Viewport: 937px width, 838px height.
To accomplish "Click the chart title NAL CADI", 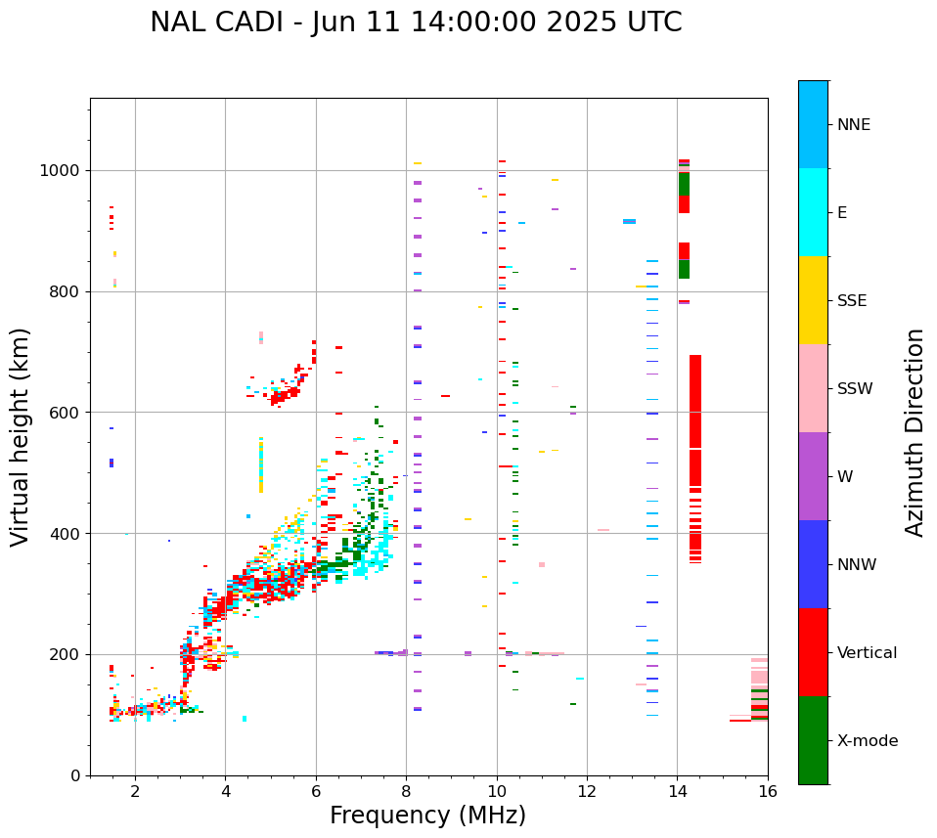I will (x=416, y=22).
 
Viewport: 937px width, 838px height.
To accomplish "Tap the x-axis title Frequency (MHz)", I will (x=427, y=816).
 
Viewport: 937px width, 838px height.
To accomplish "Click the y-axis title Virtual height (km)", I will (x=21, y=436).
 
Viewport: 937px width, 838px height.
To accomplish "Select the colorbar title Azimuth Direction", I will (x=915, y=432).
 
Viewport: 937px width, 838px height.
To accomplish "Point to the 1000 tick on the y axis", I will (x=64, y=171).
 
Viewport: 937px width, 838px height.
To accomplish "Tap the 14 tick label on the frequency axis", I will (x=677, y=791).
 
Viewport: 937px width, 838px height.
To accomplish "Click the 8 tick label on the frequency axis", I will (x=406, y=791).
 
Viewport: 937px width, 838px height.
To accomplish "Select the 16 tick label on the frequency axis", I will (x=768, y=791).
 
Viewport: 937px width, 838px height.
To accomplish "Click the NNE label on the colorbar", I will (x=854, y=125).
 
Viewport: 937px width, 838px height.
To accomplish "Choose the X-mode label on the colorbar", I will (x=868, y=741).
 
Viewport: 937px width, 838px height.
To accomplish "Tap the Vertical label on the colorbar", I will (x=868, y=653).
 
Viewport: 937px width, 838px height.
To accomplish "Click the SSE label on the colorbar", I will (x=852, y=301).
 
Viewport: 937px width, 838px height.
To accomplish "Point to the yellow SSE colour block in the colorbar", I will (x=813, y=300).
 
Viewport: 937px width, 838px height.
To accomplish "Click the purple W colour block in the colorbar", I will (x=813, y=476).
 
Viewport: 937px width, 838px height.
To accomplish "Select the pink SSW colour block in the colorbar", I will (x=813, y=388).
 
